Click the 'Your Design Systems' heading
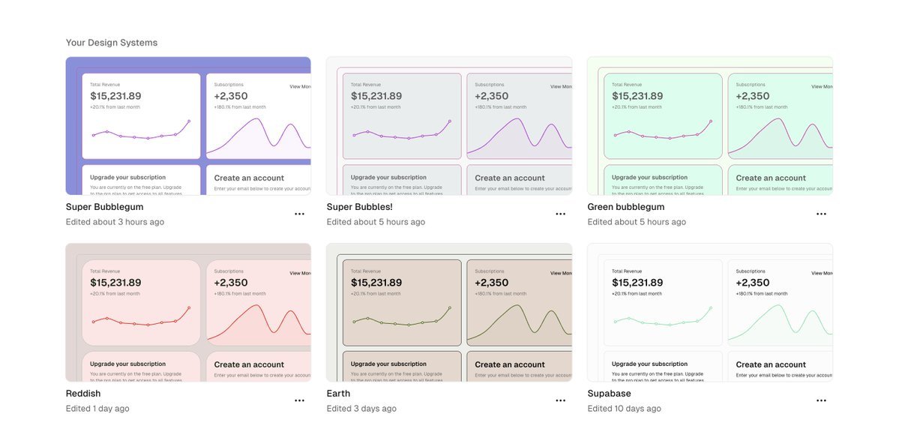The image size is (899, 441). click(112, 43)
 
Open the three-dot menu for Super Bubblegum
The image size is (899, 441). click(299, 214)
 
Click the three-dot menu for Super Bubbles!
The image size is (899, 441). click(560, 214)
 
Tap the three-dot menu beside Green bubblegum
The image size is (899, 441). click(821, 214)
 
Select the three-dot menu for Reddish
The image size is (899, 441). click(299, 400)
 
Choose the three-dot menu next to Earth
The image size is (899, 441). click(560, 400)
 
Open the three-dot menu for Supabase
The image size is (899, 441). click(821, 400)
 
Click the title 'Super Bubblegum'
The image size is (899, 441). click(104, 207)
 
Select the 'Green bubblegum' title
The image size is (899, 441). click(626, 207)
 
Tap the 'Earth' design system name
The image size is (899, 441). click(338, 394)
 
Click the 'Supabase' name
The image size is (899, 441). click(609, 394)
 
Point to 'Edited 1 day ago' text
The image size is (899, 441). click(97, 409)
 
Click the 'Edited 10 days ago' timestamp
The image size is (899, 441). click(624, 409)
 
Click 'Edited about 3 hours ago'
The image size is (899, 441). click(115, 222)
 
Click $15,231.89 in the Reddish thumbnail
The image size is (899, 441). click(115, 283)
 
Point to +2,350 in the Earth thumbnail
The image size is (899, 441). click(492, 283)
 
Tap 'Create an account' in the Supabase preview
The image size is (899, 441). click(771, 364)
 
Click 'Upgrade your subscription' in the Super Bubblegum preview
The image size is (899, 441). click(127, 178)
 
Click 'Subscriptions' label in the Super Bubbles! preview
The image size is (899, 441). click(490, 85)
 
